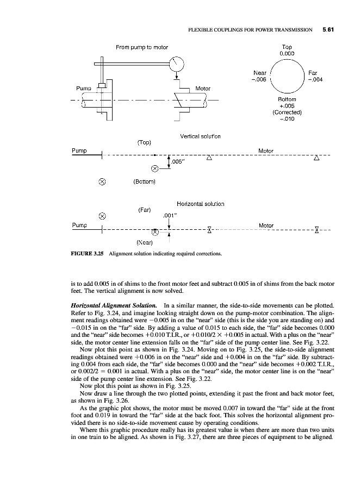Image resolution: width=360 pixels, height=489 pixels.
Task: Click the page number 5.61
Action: (x=327, y=30)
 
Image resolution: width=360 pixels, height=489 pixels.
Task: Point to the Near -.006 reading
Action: (x=259, y=76)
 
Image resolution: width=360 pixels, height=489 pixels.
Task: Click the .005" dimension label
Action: (x=179, y=161)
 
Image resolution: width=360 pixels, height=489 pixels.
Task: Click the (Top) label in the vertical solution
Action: (x=144, y=143)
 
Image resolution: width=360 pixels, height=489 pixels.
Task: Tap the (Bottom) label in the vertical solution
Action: (x=145, y=181)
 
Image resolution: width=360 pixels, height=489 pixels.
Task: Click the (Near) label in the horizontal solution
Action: (x=144, y=243)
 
